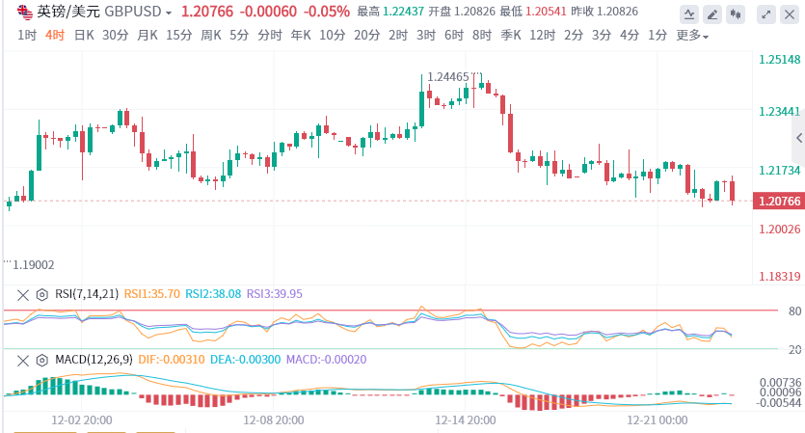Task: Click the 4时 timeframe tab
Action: click(55, 36)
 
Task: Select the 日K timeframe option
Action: click(84, 36)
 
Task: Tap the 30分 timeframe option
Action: click(115, 36)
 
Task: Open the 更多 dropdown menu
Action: click(691, 36)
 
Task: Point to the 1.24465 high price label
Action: click(447, 77)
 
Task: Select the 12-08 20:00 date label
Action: click(274, 420)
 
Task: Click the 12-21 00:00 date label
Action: click(657, 420)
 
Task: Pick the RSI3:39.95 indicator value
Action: click(275, 294)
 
